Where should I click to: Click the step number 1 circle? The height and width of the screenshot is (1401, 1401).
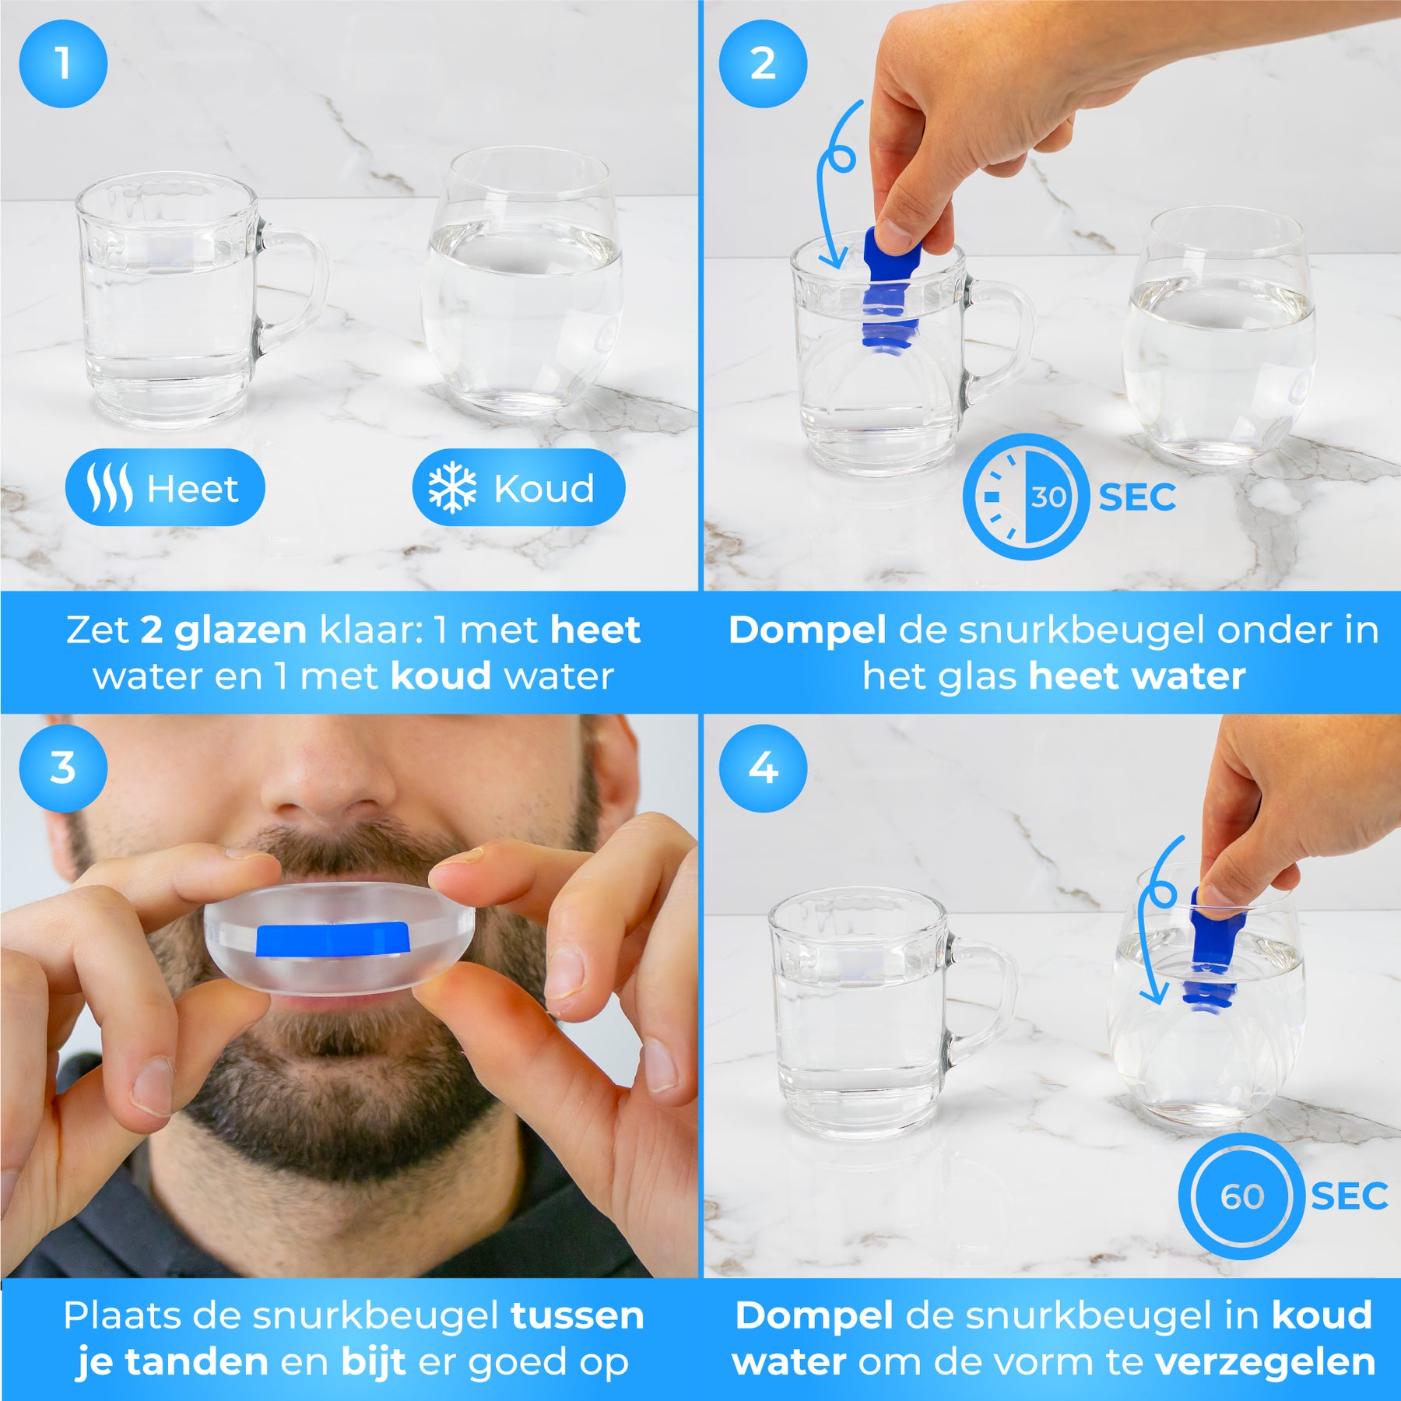(x=63, y=63)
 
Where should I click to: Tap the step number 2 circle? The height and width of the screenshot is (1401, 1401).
(x=763, y=63)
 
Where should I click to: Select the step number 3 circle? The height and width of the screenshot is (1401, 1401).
(x=63, y=768)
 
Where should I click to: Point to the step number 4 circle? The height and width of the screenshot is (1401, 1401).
(x=763, y=768)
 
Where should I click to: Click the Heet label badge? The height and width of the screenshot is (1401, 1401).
(x=165, y=487)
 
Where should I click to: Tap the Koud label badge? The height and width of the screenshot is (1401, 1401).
(x=518, y=487)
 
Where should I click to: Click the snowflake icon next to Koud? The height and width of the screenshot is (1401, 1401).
(x=452, y=488)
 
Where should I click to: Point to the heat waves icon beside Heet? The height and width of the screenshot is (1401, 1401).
(x=109, y=488)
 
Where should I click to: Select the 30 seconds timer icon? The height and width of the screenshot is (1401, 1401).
(x=1026, y=497)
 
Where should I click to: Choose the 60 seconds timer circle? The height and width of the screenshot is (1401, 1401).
(x=1241, y=1196)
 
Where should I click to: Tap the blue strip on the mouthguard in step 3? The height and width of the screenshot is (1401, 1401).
(x=333, y=940)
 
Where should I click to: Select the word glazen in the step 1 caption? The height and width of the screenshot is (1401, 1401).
(x=241, y=631)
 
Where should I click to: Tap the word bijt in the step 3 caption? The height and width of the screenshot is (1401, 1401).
(x=373, y=1362)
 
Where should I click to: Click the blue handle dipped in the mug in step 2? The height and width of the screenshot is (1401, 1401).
(x=891, y=288)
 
